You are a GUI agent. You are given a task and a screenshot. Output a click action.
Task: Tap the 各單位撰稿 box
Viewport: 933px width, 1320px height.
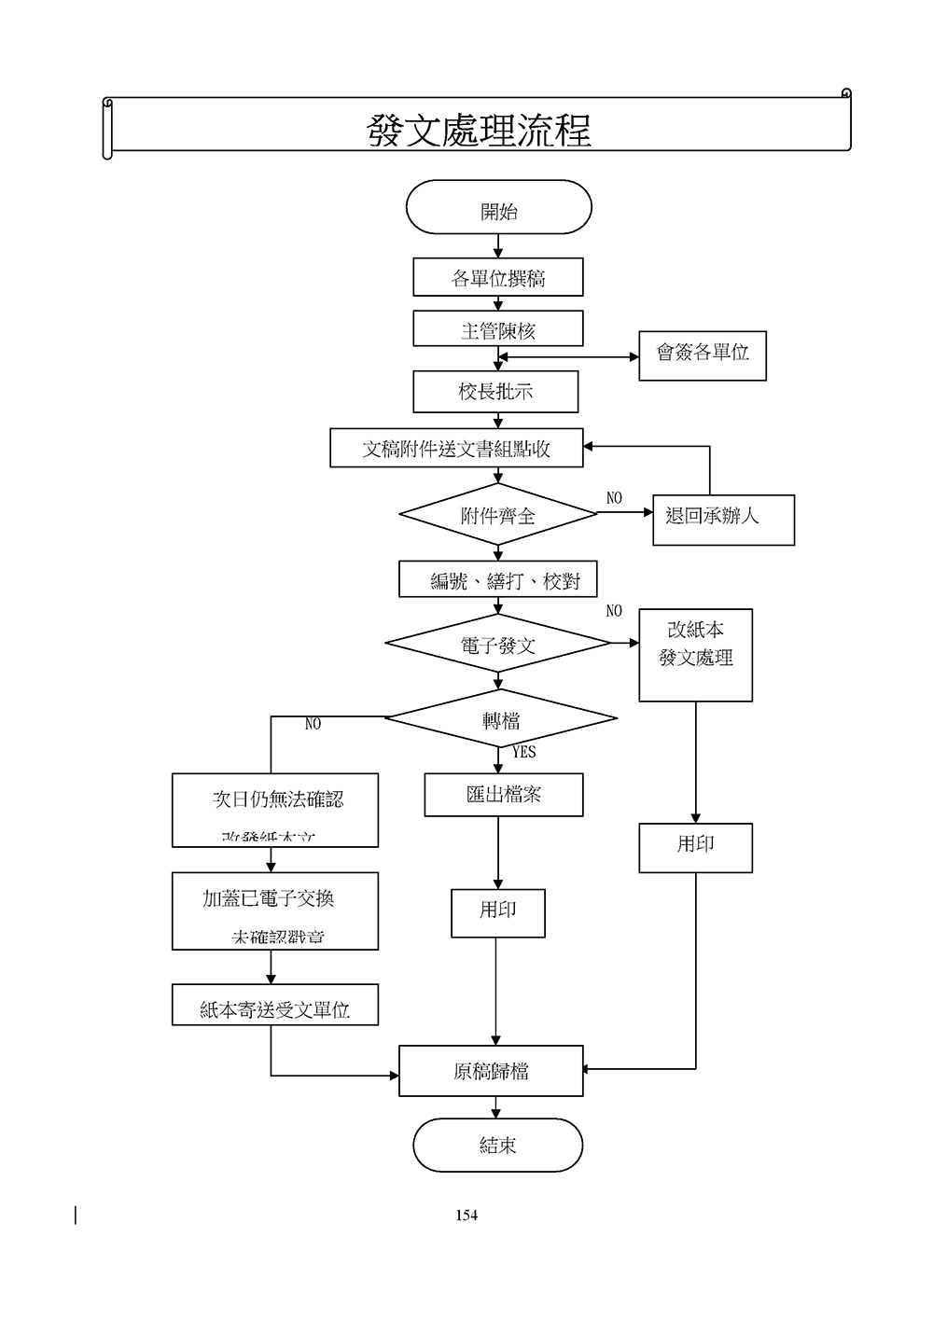[498, 278]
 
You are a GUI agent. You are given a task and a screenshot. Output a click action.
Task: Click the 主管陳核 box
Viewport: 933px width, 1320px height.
[498, 329]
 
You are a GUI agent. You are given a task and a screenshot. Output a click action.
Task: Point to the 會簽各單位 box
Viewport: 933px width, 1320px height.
[703, 354]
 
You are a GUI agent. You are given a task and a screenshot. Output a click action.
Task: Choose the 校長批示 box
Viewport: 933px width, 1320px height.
[495, 392]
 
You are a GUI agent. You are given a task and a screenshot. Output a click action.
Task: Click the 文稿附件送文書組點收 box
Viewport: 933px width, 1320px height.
[456, 449]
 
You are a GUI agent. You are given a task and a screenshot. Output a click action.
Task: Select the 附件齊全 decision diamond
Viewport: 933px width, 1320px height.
[498, 515]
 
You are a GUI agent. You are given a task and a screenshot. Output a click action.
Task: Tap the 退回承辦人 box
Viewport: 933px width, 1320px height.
[723, 519]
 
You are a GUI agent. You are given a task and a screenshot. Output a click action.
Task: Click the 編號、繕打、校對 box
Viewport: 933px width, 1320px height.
[497, 579]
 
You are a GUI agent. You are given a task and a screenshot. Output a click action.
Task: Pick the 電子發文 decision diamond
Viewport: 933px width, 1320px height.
[498, 644]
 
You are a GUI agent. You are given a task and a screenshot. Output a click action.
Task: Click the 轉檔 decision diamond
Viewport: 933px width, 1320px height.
[501, 719]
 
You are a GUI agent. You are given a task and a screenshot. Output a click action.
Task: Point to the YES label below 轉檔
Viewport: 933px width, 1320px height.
[524, 752]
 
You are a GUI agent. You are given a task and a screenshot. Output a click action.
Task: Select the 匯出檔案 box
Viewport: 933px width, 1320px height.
[504, 795]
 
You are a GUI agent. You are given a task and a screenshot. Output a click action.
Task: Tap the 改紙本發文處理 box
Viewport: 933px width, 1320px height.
[695, 655]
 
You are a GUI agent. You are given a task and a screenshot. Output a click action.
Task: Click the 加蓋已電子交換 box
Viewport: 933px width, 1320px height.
[274, 910]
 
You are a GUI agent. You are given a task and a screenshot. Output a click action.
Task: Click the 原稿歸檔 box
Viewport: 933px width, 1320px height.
[491, 1071]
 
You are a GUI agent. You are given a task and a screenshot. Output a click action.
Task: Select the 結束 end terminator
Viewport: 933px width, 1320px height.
[497, 1145]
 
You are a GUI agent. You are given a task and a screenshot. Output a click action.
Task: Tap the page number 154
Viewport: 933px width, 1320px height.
[466, 1215]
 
